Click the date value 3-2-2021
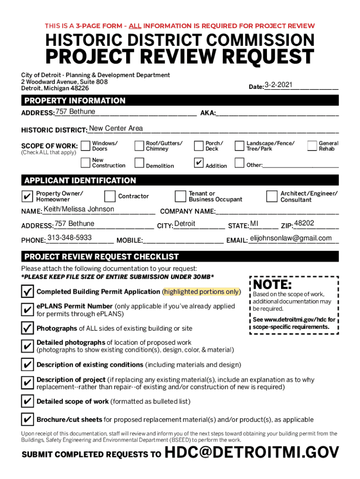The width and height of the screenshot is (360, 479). tap(279, 85)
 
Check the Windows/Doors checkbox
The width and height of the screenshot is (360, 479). tap(85, 146)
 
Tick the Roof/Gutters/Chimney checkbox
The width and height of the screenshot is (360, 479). tap(139, 146)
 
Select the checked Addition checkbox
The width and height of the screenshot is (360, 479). tap(198, 163)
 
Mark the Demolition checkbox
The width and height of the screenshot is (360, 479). tap(139, 163)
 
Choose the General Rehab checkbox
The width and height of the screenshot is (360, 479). tap(312, 146)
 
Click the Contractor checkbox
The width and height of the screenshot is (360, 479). tap(110, 196)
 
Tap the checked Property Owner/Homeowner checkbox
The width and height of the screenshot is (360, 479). tap(28, 196)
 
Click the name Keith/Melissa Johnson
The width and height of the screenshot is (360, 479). tap(79, 209)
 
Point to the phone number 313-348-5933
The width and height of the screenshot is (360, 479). tap(70, 238)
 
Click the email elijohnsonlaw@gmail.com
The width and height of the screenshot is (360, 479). tap(291, 238)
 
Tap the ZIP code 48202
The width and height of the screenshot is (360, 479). tap(304, 223)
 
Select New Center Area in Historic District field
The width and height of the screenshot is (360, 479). tap(116, 129)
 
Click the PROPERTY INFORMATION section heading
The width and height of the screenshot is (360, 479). tap(75, 101)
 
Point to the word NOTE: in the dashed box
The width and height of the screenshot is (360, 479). tap(273, 284)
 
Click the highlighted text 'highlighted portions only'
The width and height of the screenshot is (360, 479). tap(201, 291)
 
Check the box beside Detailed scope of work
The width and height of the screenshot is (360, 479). tap(28, 401)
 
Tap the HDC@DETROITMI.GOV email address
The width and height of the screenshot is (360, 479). tap(252, 453)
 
